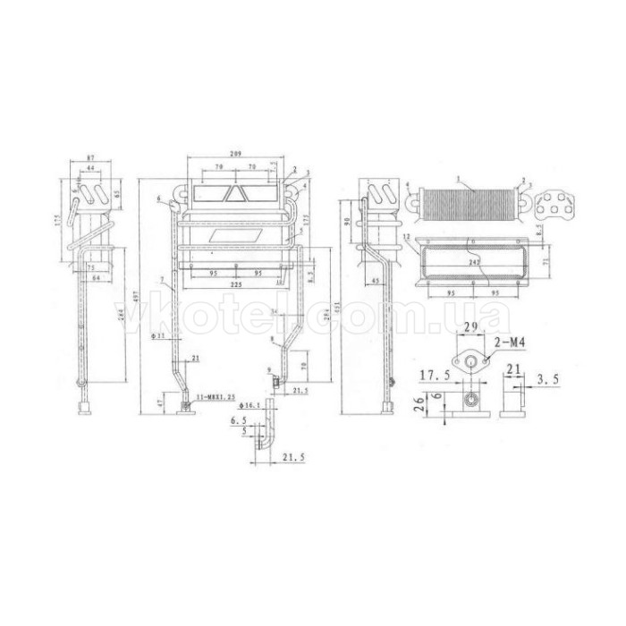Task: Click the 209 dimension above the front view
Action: (x=236, y=155)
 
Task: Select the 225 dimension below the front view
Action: (x=236, y=284)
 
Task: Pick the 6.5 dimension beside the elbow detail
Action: (x=238, y=419)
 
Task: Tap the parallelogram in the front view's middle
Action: (x=234, y=233)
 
